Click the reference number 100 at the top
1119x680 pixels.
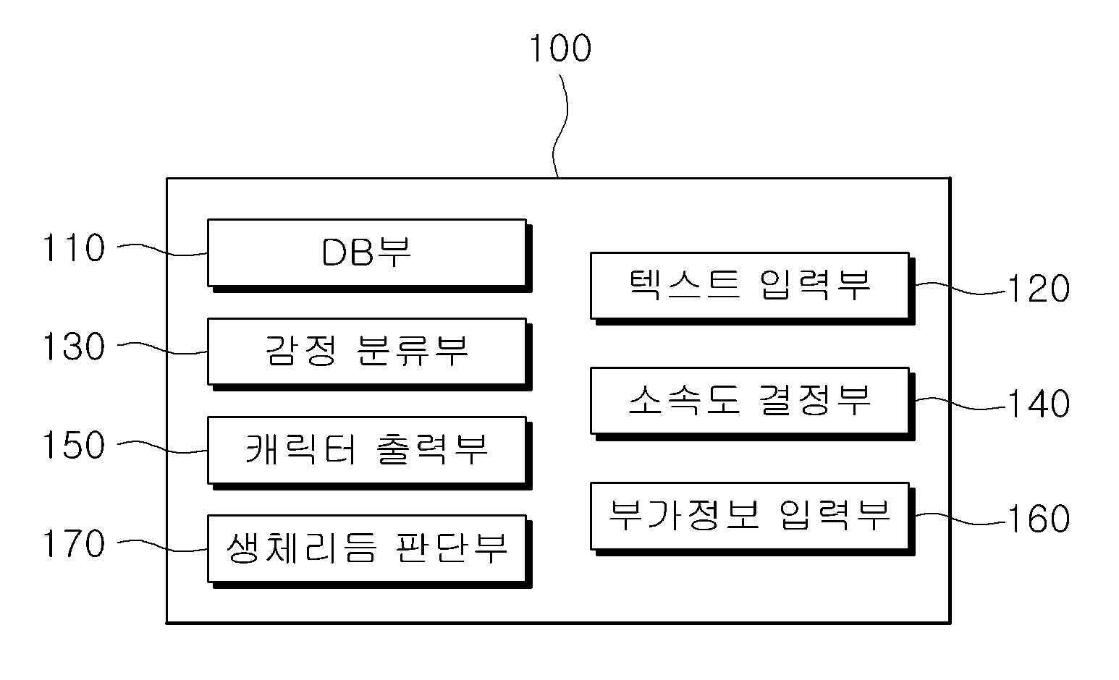coord(560,48)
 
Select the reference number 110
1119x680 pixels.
coord(74,247)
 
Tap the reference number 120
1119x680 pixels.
coord(1039,289)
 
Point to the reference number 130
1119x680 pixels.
coord(74,347)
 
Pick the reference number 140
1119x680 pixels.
coord(1039,404)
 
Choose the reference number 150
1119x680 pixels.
coord(74,445)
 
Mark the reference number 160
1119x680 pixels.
coord(1039,518)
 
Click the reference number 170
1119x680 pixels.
coord(74,543)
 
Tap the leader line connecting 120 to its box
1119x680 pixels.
coord(960,289)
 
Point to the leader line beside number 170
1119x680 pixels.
coord(162,546)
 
